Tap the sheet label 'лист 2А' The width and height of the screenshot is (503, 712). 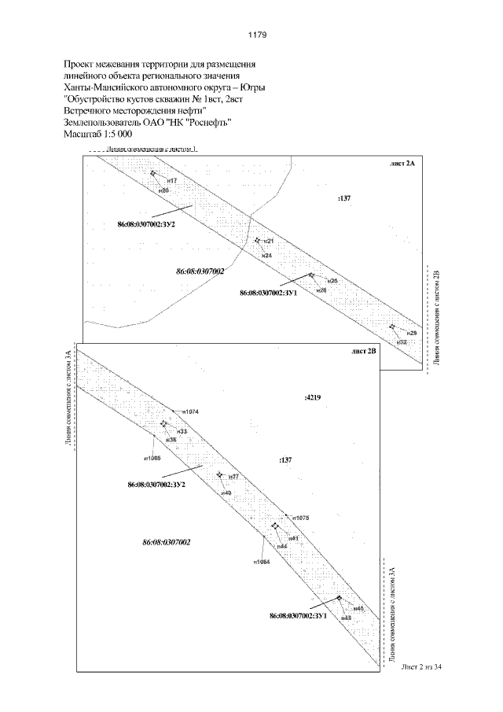402,164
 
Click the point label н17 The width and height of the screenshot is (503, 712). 172,181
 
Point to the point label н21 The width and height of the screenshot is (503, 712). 268,241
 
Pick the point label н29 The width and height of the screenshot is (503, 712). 412,334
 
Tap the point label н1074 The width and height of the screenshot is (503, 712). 190,411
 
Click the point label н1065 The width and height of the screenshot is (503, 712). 152,458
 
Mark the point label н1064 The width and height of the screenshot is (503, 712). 263,562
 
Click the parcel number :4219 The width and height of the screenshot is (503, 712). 312,398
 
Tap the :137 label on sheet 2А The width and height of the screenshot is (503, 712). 343,199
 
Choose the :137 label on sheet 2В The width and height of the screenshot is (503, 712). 285,458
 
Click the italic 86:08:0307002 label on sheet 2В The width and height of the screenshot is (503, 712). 166,543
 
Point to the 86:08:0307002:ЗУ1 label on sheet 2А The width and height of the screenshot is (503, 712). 268,293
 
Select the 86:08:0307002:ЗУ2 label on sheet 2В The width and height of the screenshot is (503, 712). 156,485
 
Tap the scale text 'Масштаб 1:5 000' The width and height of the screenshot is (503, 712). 97,135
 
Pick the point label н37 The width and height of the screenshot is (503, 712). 234,478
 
